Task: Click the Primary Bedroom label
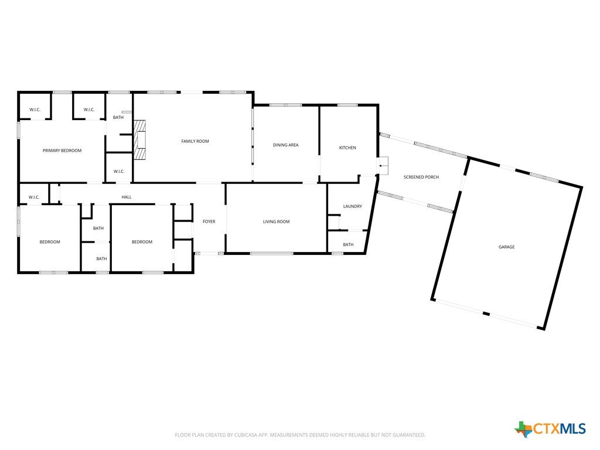(x=62, y=151)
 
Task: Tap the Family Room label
(x=195, y=141)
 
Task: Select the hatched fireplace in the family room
(x=139, y=139)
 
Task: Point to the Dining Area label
(x=285, y=145)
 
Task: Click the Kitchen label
(x=347, y=148)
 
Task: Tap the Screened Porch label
(x=421, y=177)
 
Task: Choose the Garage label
(x=506, y=247)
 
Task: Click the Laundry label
(x=352, y=206)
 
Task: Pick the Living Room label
(x=277, y=221)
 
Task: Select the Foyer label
(x=209, y=221)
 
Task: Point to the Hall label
(x=127, y=197)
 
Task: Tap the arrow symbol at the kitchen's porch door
(x=383, y=166)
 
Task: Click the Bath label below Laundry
(x=348, y=244)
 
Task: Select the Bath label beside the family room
(x=118, y=117)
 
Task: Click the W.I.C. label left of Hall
(x=34, y=197)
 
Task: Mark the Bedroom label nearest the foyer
(x=142, y=242)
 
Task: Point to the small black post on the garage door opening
(x=486, y=314)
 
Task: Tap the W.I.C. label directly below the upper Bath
(x=119, y=172)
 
